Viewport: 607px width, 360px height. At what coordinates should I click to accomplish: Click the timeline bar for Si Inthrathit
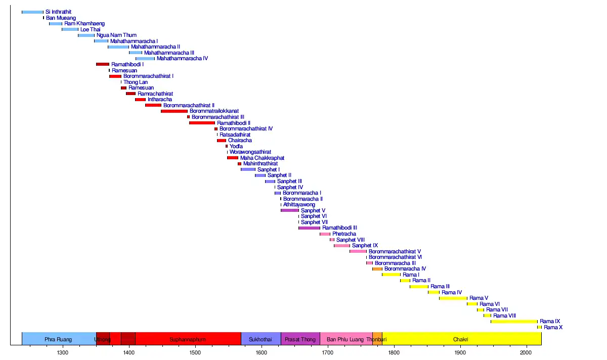point(32,12)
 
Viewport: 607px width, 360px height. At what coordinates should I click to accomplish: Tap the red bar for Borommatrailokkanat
point(174,111)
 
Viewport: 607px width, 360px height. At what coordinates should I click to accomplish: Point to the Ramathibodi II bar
point(202,123)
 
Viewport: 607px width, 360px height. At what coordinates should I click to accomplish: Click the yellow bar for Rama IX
point(514,322)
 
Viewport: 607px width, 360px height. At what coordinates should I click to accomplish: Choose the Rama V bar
point(453,298)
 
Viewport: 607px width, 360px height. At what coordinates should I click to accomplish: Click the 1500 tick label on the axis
point(195,352)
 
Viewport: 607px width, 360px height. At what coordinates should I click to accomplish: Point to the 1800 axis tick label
point(394,352)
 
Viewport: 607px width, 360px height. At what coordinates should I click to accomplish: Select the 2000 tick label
point(526,352)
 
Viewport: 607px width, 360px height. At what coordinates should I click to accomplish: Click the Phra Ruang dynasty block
point(58,339)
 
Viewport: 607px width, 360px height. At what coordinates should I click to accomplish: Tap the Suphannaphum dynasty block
point(188,339)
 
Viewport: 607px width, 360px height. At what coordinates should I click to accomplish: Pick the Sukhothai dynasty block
point(261,339)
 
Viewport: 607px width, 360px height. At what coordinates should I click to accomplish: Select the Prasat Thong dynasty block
point(300,339)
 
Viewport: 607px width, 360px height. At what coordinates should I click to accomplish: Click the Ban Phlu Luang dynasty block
point(345,339)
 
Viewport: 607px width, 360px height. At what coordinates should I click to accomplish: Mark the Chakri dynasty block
point(461,339)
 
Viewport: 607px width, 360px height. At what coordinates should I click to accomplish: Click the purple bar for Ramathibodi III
point(309,228)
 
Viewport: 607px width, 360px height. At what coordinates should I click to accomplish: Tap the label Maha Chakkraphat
point(262,158)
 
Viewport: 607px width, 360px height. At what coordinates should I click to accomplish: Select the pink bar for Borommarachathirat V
point(358,251)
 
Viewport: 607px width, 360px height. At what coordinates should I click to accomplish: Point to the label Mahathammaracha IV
point(182,59)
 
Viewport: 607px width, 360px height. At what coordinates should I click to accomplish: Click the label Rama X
point(553,328)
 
